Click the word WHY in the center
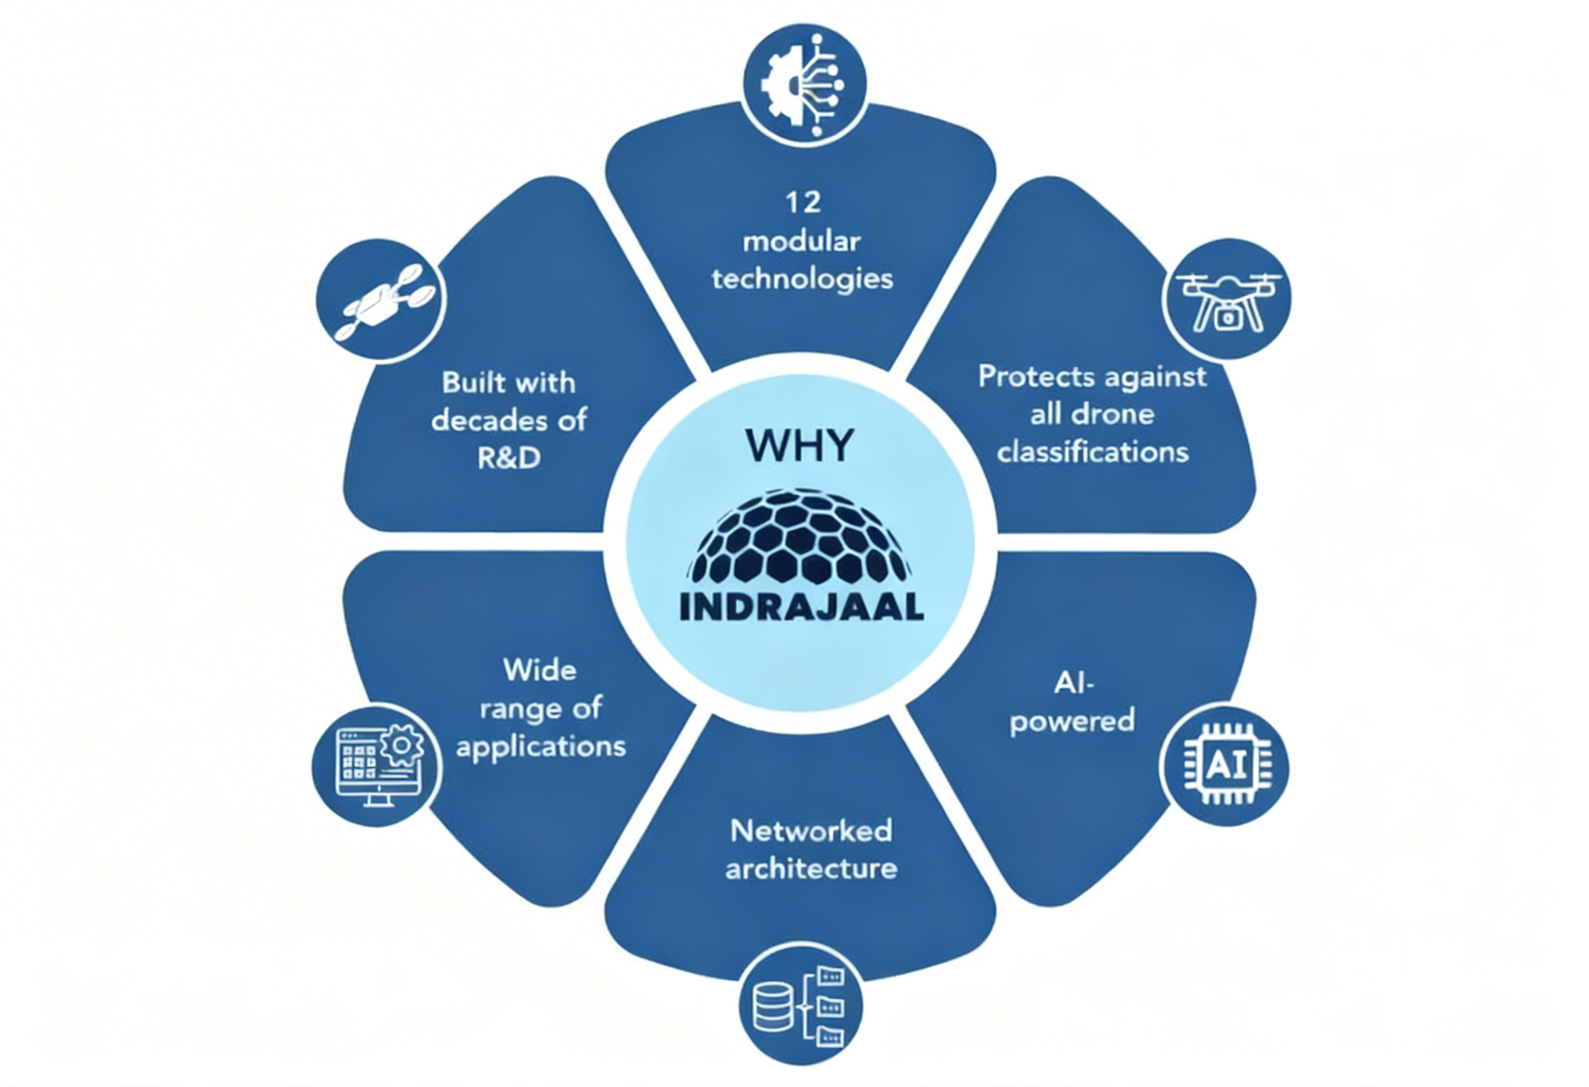pyautogui.click(x=799, y=446)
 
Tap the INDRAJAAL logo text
pyautogui.click(x=801, y=607)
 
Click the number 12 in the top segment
pyautogui.click(x=803, y=203)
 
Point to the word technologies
pyautogui.click(x=803, y=280)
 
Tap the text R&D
pyautogui.click(x=510, y=458)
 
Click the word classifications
pyautogui.click(x=1092, y=452)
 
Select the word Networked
pyautogui.click(x=811, y=832)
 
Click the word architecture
pyautogui.click(x=811, y=869)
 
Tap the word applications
pyautogui.click(x=541, y=747)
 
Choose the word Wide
pyautogui.click(x=540, y=670)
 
